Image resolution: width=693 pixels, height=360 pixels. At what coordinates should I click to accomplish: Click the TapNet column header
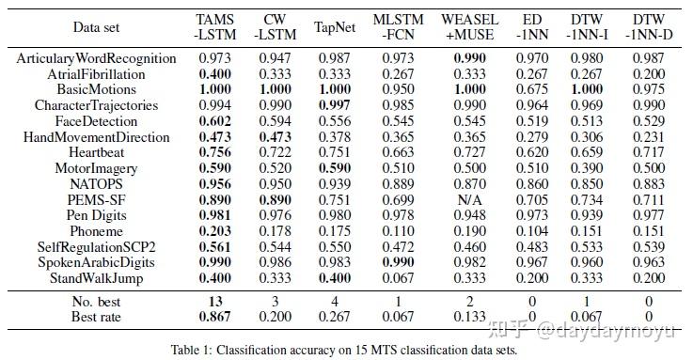336,26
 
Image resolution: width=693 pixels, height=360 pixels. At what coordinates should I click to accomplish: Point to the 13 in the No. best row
214,300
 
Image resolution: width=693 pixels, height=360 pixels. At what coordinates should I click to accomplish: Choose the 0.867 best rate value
214,316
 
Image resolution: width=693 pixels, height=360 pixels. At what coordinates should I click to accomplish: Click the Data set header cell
97,26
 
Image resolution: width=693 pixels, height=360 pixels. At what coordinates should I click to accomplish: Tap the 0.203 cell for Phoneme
214,233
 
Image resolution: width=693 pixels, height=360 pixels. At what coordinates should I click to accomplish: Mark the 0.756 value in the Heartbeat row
214,152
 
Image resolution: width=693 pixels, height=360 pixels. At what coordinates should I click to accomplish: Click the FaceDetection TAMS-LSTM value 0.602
214,120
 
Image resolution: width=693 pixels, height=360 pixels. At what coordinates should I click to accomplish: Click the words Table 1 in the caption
193,350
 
